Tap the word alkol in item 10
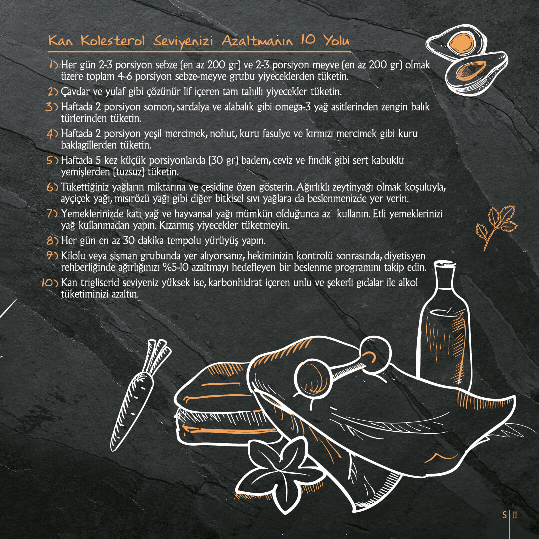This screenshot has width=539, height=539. pos(408,282)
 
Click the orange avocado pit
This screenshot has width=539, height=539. pos(461,43)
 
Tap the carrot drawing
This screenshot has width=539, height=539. pos(141,395)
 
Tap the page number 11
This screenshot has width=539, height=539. pos(515,515)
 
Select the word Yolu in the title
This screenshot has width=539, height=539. pos(336,40)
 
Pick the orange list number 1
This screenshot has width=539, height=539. pos(54,64)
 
